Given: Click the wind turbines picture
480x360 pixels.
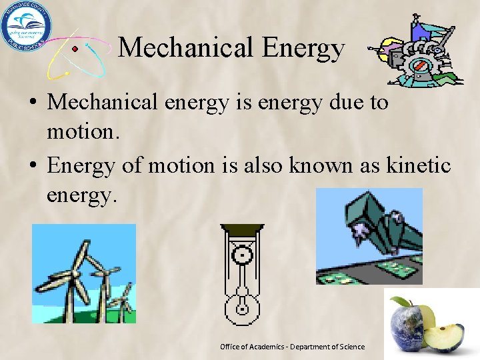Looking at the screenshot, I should click(x=84, y=273).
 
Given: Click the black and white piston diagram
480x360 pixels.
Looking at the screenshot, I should click(x=241, y=273).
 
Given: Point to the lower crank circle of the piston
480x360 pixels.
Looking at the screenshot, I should click(x=241, y=307).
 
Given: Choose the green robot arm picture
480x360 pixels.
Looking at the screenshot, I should click(x=369, y=236).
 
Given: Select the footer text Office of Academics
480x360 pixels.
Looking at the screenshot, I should click(x=292, y=347).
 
